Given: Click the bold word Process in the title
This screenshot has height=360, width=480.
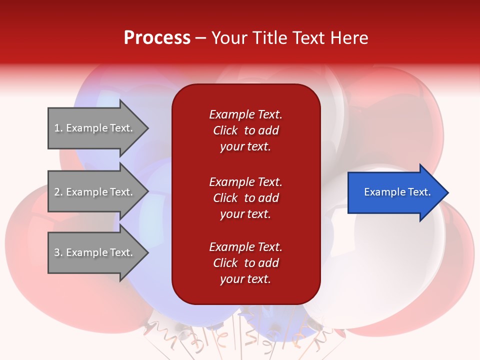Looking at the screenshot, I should (157, 38).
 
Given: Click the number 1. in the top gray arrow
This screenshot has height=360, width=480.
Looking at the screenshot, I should (58, 128).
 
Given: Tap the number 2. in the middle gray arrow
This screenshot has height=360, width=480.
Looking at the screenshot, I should (58, 192).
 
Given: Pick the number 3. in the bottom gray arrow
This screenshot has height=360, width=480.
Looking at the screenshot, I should (58, 252).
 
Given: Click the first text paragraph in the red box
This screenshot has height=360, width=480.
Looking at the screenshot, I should (245, 130).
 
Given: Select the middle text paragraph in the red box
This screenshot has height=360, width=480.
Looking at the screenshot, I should (245, 198).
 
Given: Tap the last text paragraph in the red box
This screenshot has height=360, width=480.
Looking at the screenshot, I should (245, 263).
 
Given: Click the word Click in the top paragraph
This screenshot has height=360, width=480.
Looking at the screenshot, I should (225, 130).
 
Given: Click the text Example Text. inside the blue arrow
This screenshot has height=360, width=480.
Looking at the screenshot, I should (397, 192).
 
